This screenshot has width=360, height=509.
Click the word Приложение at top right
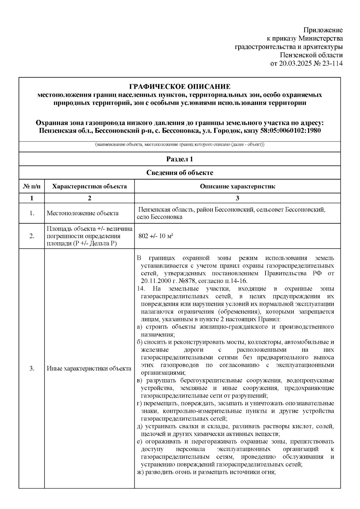point(323,30)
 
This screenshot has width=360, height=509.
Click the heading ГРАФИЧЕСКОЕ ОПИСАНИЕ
point(180,87)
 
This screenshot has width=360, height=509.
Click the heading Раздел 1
point(180,159)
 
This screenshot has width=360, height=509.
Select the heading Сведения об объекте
point(180,173)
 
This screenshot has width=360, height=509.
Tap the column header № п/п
point(32,186)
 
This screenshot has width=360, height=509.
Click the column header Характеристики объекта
point(89,186)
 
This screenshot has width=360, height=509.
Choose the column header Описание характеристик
point(237,186)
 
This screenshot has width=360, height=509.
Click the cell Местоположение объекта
point(83,213)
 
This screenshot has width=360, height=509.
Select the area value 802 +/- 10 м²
point(156,236)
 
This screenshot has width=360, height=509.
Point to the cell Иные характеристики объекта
point(89,369)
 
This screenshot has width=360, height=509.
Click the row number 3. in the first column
point(32,369)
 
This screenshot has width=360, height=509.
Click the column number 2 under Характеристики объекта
point(89,198)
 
